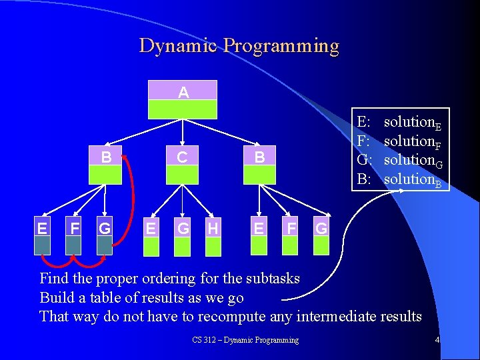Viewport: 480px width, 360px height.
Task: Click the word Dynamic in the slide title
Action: click(x=178, y=45)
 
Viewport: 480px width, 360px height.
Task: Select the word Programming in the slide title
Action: click(x=281, y=46)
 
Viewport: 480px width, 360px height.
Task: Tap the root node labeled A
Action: click(x=183, y=99)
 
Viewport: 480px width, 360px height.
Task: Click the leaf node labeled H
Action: click(x=213, y=236)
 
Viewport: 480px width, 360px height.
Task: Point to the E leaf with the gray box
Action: click(x=43, y=236)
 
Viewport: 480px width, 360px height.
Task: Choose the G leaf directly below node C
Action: click(x=183, y=236)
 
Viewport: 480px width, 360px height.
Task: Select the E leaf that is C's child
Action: click(x=151, y=236)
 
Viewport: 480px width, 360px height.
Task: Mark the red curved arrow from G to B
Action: click(x=132, y=200)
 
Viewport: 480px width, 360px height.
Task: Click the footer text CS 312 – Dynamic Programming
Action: click(x=245, y=340)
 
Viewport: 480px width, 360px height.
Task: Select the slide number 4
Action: click(x=437, y=340)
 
